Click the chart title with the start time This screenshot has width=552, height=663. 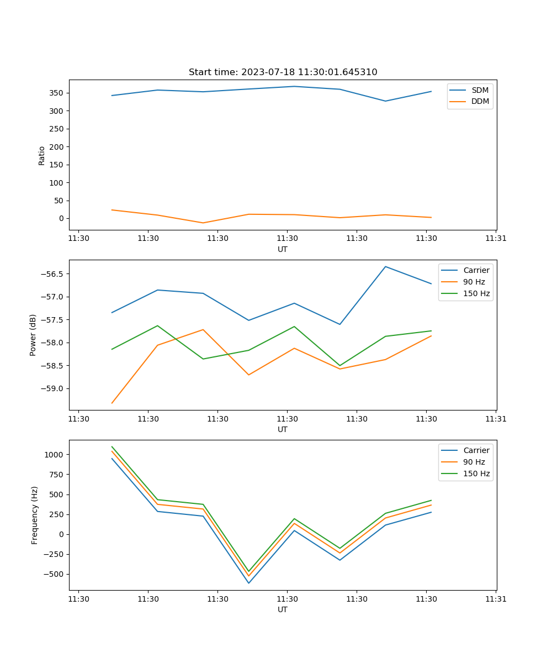(x=283, y=72)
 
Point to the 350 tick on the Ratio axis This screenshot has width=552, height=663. (x=56, y=93)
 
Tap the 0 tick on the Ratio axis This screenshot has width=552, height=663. (x=61, y=218)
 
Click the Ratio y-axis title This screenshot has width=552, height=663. (x=42, y=155)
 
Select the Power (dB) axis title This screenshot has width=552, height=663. (x=33, y=335)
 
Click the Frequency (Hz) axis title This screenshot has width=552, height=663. (x=35, y=515)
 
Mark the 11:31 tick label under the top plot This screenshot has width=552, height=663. (x=496, y=239)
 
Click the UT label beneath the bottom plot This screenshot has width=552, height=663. (x=283, y=609)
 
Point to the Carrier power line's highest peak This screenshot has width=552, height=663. (x=385, y=267)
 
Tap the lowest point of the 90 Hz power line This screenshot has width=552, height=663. (x=112, y=403)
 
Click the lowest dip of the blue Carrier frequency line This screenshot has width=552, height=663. (x=248, y=583)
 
